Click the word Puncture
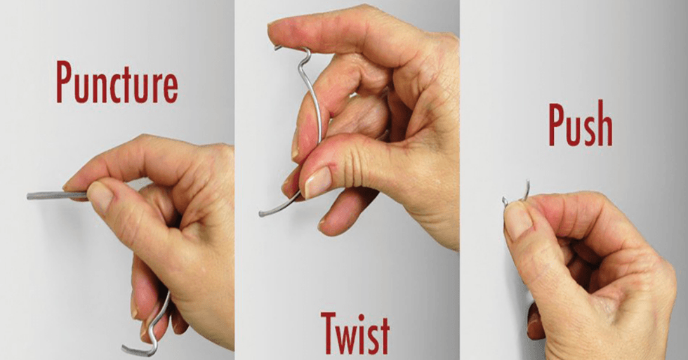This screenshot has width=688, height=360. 117,82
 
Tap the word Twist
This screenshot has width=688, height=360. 355,333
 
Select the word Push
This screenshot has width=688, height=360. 581,124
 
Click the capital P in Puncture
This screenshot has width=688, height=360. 64,82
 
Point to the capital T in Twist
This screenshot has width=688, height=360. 329,333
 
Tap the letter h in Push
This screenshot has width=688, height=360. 604,124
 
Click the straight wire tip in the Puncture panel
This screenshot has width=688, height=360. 29,196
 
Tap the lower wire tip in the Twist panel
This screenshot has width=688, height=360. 261,214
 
